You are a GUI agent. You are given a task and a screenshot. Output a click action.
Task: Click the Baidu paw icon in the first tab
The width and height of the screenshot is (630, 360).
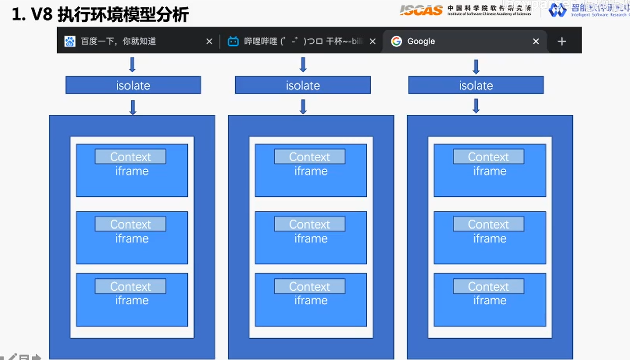pos(70,41)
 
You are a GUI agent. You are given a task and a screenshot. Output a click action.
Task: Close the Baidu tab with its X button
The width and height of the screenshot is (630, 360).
pos(209,41)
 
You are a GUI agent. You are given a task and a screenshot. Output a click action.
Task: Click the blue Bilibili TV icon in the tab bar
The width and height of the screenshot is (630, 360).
pos(233,41)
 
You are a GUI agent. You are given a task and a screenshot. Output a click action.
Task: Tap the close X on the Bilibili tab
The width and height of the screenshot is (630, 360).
pos(372,41)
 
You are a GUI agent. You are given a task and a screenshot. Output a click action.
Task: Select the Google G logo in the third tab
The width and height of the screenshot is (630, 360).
pos(396,41)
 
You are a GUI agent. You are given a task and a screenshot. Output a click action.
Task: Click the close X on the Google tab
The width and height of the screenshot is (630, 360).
pos(536,41)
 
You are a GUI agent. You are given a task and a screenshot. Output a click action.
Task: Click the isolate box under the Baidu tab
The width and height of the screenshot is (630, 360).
pos(133,85)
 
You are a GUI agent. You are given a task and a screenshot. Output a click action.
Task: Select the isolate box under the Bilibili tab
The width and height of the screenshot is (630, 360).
pos(303,85)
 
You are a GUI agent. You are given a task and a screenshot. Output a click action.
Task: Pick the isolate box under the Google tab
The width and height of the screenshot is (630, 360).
pos(476,85)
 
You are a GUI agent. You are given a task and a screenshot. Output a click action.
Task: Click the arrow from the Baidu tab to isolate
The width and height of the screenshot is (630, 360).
pos(133,65)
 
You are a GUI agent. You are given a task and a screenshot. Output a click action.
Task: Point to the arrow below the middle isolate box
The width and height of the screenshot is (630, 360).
pos(303,107)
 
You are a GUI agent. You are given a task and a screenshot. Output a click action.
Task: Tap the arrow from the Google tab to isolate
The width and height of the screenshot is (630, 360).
pos(476,67)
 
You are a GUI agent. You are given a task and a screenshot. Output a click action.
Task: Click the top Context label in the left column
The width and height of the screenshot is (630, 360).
pos(130,157)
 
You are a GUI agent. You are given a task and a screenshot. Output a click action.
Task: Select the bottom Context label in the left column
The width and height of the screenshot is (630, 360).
pos(130,287)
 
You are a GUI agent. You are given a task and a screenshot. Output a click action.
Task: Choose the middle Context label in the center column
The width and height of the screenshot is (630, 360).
pos(309,224)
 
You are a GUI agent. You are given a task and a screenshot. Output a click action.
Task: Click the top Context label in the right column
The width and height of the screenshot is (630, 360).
pos(488,157)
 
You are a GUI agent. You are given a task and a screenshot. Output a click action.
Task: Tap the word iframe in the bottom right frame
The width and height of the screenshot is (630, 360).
pos(490,300)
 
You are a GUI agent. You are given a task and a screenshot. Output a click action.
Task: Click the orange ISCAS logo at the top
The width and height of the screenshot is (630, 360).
pos(421,10)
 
